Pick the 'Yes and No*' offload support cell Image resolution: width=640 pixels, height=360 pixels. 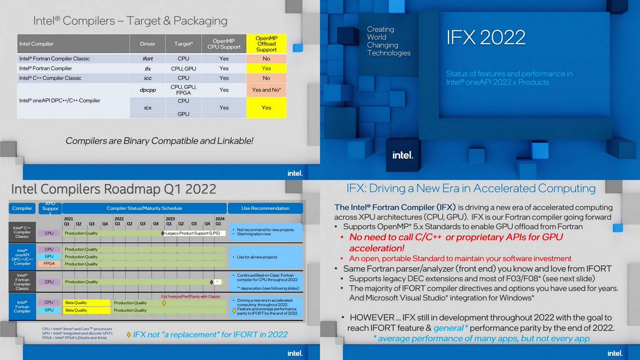coord(266,90)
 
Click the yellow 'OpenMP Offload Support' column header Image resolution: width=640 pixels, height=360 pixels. coord(266,44)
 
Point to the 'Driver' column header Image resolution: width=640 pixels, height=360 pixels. coord(148,44)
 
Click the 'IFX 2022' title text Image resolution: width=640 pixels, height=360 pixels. coord(485,37)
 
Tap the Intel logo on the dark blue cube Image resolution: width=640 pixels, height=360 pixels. coord(403,155)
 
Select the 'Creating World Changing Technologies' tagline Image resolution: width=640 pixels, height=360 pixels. coord(388,41)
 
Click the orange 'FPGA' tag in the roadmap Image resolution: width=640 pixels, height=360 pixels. coord(49,264)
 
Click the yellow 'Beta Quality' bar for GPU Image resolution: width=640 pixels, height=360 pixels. coord(87,310)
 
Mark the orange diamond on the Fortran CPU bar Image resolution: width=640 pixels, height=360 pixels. coord(164,303)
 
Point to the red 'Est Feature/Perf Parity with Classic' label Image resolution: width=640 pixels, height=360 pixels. coord(190,297)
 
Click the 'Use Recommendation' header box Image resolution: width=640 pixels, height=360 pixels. coord(265,208)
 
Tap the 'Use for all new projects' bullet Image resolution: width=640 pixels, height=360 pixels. coord(257,257)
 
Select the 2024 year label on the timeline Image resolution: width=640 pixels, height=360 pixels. coord(220,219)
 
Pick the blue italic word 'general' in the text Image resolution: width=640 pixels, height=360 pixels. coord(448,328)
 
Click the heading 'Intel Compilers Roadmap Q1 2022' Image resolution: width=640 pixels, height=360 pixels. coord(114,189)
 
